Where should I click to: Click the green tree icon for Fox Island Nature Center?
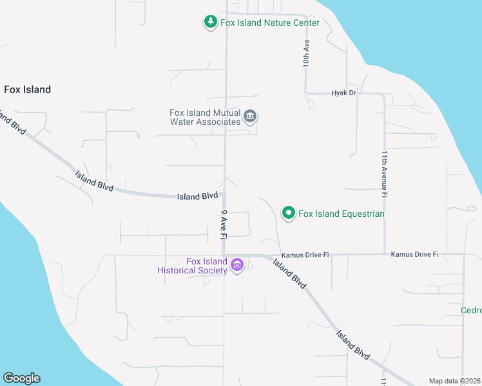point(210,23)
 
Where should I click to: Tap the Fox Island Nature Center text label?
point(270,23)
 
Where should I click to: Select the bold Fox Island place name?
point(27,89)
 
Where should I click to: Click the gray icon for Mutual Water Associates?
point(251,117)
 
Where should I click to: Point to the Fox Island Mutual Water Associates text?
point(205,116)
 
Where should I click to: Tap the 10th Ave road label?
point(307,53)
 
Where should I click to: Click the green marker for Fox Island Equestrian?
point(289,213)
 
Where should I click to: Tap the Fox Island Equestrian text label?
point(342,214)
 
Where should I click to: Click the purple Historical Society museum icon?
point(236,265)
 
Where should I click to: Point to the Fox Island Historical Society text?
point(193,266)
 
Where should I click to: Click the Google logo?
point(21,378)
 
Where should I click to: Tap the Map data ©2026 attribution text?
point(454,381)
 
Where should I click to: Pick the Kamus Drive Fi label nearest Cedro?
point(414,255)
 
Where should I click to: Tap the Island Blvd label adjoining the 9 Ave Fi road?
point(197,196)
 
